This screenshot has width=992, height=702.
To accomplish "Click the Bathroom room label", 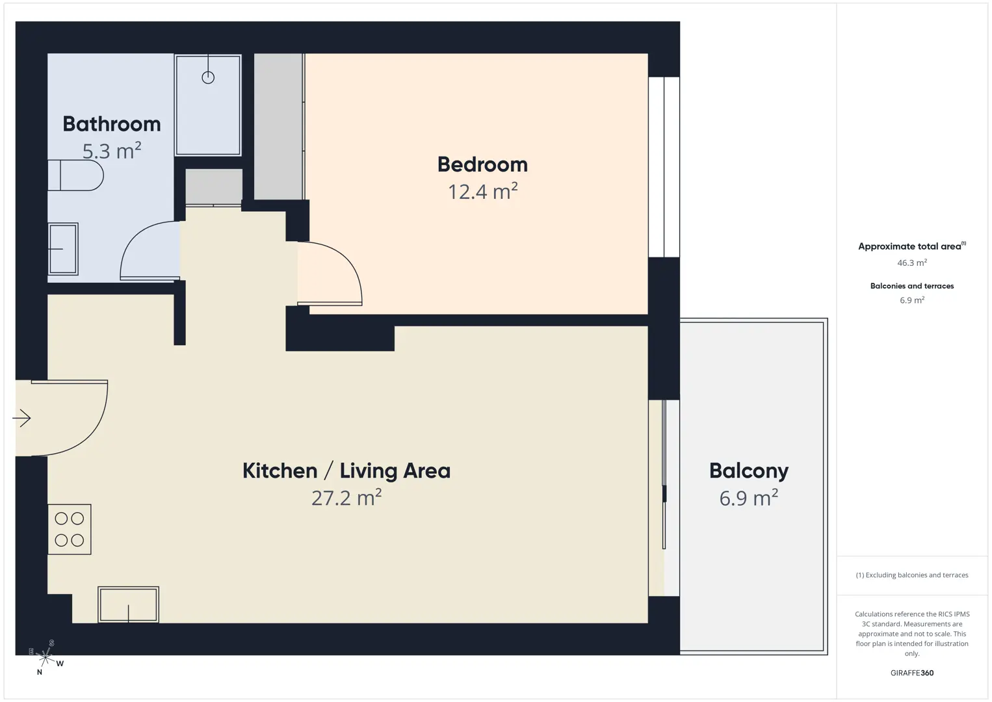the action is coord(112,124).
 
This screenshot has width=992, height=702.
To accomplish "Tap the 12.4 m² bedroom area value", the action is coord(483,191).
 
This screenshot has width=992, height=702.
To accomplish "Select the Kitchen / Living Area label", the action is coord(346,471).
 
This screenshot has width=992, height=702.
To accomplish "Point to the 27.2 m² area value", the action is coord(346,498).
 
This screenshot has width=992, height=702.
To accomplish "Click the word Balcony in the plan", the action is coord(749,471).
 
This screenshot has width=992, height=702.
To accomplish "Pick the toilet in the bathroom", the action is coord(75,175).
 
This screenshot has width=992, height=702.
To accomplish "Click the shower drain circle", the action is coord(208,77).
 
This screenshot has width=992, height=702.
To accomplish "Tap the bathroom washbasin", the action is coord(63,249).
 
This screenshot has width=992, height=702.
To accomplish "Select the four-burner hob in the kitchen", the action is coord(70,529).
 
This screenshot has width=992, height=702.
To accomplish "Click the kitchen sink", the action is coord(129,605).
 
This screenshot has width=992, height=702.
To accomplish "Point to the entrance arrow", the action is coord(21,418).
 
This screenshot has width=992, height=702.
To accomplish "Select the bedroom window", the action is coord(664,167).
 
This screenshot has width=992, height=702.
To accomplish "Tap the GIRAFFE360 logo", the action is coord(912,673).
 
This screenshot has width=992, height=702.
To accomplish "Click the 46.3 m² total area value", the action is coord(912,263).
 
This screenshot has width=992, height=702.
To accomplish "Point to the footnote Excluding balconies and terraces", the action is coord(912,575).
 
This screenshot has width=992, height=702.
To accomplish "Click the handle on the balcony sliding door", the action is coord(664,494).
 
